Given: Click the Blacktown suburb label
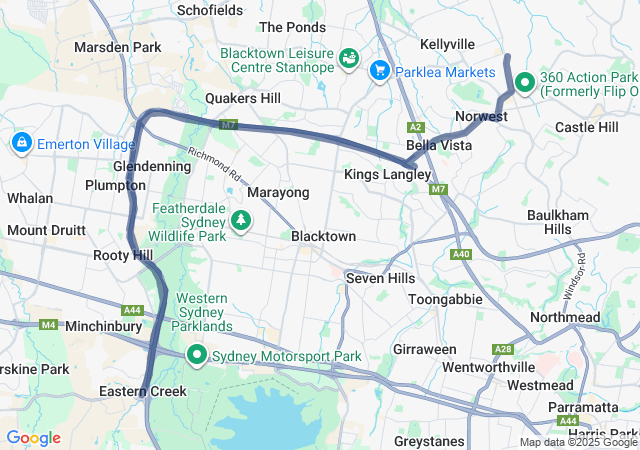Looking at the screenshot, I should click(x=323, y=236).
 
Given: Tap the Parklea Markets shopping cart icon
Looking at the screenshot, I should click(x=379, y=70).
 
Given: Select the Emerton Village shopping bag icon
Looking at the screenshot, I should click(x=21, y=144).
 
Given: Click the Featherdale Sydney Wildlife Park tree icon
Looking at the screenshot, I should click(x=240, y=218).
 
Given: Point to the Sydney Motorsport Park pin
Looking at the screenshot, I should click(x=197, y=355).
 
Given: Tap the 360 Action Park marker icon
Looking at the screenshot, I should click(x=523, y=78).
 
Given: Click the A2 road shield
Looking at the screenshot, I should click(x=416, y=127).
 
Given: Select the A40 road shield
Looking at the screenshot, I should click(x=461, y=255).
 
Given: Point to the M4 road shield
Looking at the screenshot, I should click(x=49, y=325).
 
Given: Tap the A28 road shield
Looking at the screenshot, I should click(x=503, y=349).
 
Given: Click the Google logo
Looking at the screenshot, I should click(x=33, y=438).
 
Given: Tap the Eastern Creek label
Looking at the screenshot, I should click(x=143, y=391).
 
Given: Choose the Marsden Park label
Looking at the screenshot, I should click(x=117, y=47).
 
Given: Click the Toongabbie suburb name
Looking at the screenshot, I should click(x=445, y=299).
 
